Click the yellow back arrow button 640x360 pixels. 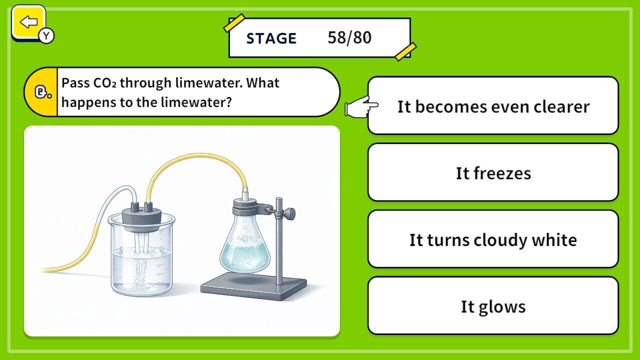pos(28,22)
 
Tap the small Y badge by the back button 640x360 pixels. pos(46,35)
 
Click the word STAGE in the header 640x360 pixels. pos(271,38)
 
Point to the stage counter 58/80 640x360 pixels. pos(349,38)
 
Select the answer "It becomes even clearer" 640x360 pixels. pos(493,106)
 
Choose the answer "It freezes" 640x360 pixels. pos(493,173)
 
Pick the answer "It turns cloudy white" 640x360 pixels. pos(493,239)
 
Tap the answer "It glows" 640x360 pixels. pos(493,306)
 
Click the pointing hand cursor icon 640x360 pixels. pos(361,106)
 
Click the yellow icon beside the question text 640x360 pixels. pos(40,92)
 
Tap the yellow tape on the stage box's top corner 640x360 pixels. pos(233,23)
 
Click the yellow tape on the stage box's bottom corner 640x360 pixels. pos(405,51)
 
